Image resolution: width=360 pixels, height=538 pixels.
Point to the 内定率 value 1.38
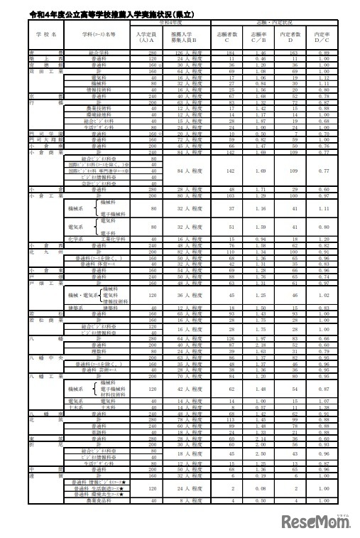pyautogui.click(x=324, y=407)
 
